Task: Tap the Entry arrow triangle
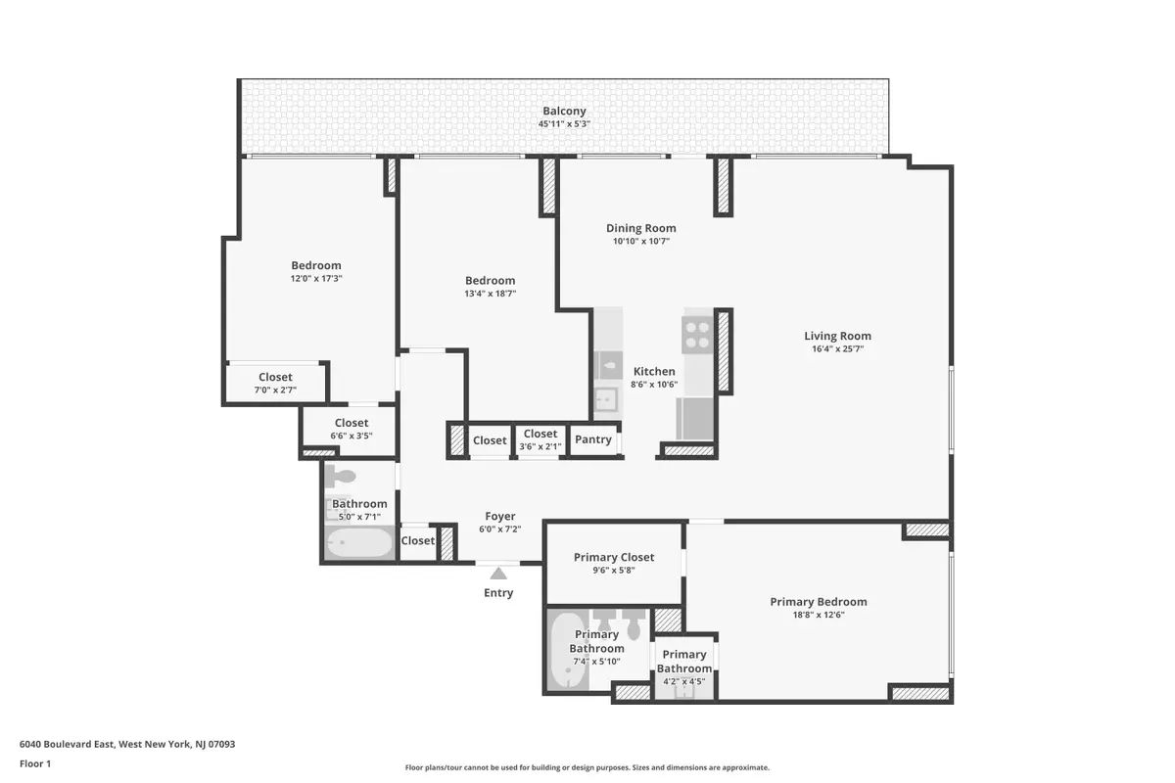click(x=498, y=574)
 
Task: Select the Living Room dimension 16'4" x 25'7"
click(x=837, y=348)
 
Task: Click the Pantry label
click(x=593, y=439)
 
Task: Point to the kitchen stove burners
click(x=698, y=336)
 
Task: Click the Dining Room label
click(x=641, y=228)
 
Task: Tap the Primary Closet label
click(x=614, y=557)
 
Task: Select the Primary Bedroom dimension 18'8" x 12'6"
click(x=818, y=615)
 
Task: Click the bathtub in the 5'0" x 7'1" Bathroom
click(x=357, y=542)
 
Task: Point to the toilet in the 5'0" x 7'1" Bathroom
click(x=342, y=477)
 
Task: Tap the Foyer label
click(x=500, y=516)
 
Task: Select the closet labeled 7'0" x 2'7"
click(x=275, y=390)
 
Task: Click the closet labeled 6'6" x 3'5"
click(x=352, y=436)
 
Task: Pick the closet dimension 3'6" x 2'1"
click(x=540, y=446)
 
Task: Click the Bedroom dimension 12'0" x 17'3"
click(x=316, y=278)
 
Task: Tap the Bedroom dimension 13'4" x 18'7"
click(x=490, y=294)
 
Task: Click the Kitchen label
click(x=654, y=371)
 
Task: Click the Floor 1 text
click(x=35, y=762)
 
